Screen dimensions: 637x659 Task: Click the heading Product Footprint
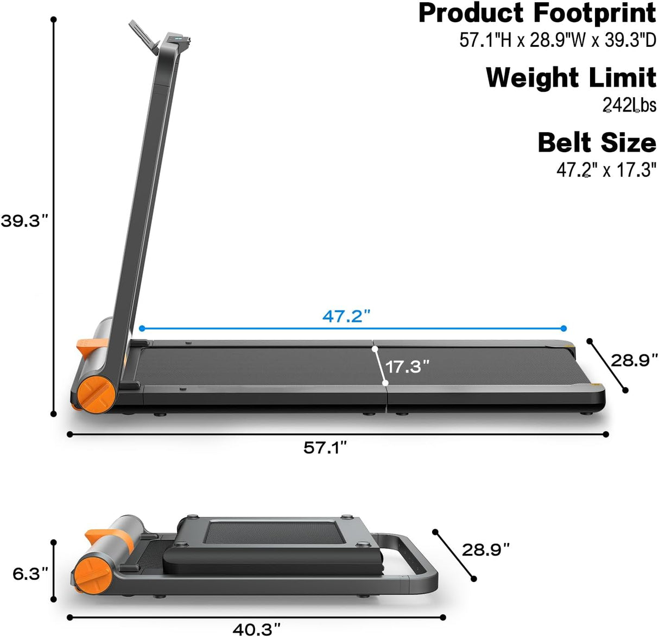tap(537, 13)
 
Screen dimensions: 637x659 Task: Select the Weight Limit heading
tap(571, 78)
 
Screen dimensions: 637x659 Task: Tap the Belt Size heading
tap(597, 143)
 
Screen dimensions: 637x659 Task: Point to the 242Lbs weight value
tap(629, 104)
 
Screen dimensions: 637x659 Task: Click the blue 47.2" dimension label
tap(346, 316)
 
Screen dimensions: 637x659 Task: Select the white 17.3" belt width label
tap(407, 366)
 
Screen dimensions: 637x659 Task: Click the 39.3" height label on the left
tap(24, 221)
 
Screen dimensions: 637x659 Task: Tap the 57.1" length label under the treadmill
tap(325, 448)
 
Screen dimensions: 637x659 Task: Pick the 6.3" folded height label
tap(30, 573)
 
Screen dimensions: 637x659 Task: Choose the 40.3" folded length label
tap(257, 629)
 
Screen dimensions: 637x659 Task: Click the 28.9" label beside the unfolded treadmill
tap(634, 360)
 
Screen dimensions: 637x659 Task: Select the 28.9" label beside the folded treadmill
tap(486, 549)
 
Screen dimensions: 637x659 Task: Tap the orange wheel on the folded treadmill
tap(93, 573)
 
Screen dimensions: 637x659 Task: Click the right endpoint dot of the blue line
tap(563, 328)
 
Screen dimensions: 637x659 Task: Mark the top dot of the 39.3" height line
tap(53, 20)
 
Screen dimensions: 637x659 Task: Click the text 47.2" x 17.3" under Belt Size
tap(606, 170)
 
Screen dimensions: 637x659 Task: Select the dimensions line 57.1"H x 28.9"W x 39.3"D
tap(557, 40)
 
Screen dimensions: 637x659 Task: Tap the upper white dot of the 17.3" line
tap(375, 348)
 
